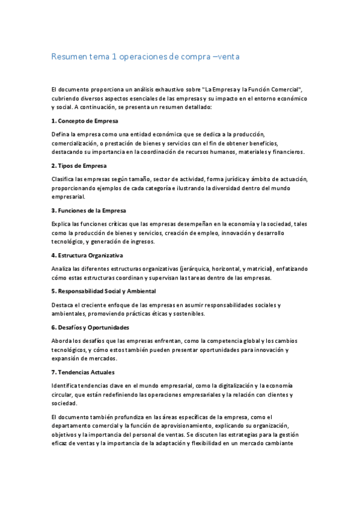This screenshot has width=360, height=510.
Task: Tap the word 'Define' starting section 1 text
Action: tap(60, 134)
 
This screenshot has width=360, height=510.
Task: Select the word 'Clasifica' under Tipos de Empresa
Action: tap(64, 179)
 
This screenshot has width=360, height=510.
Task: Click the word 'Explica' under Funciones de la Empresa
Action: tap(61, 224)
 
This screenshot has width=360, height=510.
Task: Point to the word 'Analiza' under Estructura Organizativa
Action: tap(62, 268)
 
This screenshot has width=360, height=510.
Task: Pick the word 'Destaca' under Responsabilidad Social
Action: tap(63, 304)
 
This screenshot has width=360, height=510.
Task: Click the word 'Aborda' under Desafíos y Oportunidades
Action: tap(62, 341)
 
